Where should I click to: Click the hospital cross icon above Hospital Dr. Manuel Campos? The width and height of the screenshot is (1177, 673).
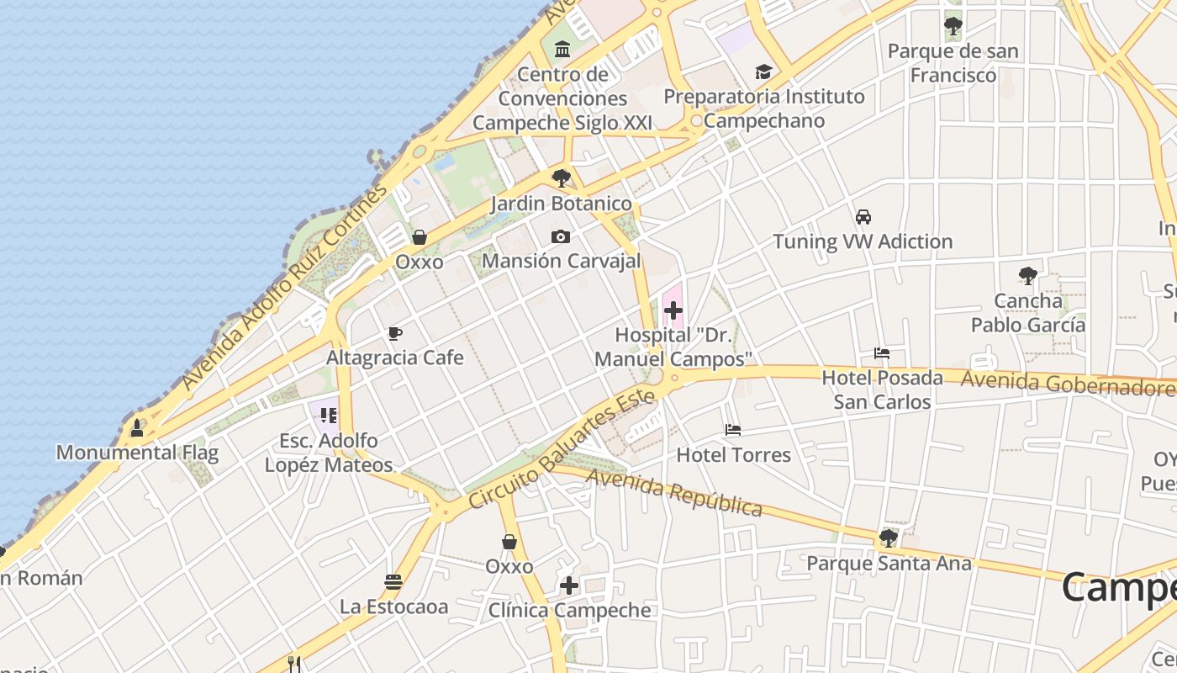coord(673,310)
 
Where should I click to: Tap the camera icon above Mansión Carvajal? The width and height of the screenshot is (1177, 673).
coord(561,236)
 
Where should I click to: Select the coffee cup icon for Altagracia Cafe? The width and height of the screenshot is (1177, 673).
coord(394,333)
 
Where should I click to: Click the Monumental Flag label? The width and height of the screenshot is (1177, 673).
coord(137,453)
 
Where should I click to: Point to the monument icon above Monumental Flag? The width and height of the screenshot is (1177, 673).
coord(137,428)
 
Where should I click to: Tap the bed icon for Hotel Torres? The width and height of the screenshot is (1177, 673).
coord(733,430)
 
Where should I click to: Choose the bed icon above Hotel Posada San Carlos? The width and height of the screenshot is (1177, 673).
coord(882,353)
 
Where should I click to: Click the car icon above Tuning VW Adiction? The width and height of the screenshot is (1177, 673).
coord(863,217)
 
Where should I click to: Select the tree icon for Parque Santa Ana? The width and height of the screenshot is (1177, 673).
coord(889,538)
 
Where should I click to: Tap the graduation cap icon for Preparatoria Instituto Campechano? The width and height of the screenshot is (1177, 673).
coord(763,72)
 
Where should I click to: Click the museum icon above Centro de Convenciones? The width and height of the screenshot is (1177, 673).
coord(562,50)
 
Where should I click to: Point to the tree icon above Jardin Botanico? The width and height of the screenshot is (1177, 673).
coord(561,178)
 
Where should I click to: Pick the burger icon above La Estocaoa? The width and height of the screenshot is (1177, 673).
coord(393,581)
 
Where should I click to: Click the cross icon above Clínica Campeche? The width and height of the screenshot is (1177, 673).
coord(569,586)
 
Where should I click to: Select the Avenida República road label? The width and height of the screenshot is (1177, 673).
coord(674,492)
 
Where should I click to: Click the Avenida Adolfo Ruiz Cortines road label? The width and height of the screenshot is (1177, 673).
coord(286,286)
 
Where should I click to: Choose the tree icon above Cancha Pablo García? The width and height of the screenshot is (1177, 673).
coord(1027,275)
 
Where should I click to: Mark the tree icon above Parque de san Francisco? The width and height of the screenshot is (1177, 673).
coord(953,26)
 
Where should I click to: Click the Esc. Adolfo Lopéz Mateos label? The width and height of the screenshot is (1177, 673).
coord(329,453)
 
